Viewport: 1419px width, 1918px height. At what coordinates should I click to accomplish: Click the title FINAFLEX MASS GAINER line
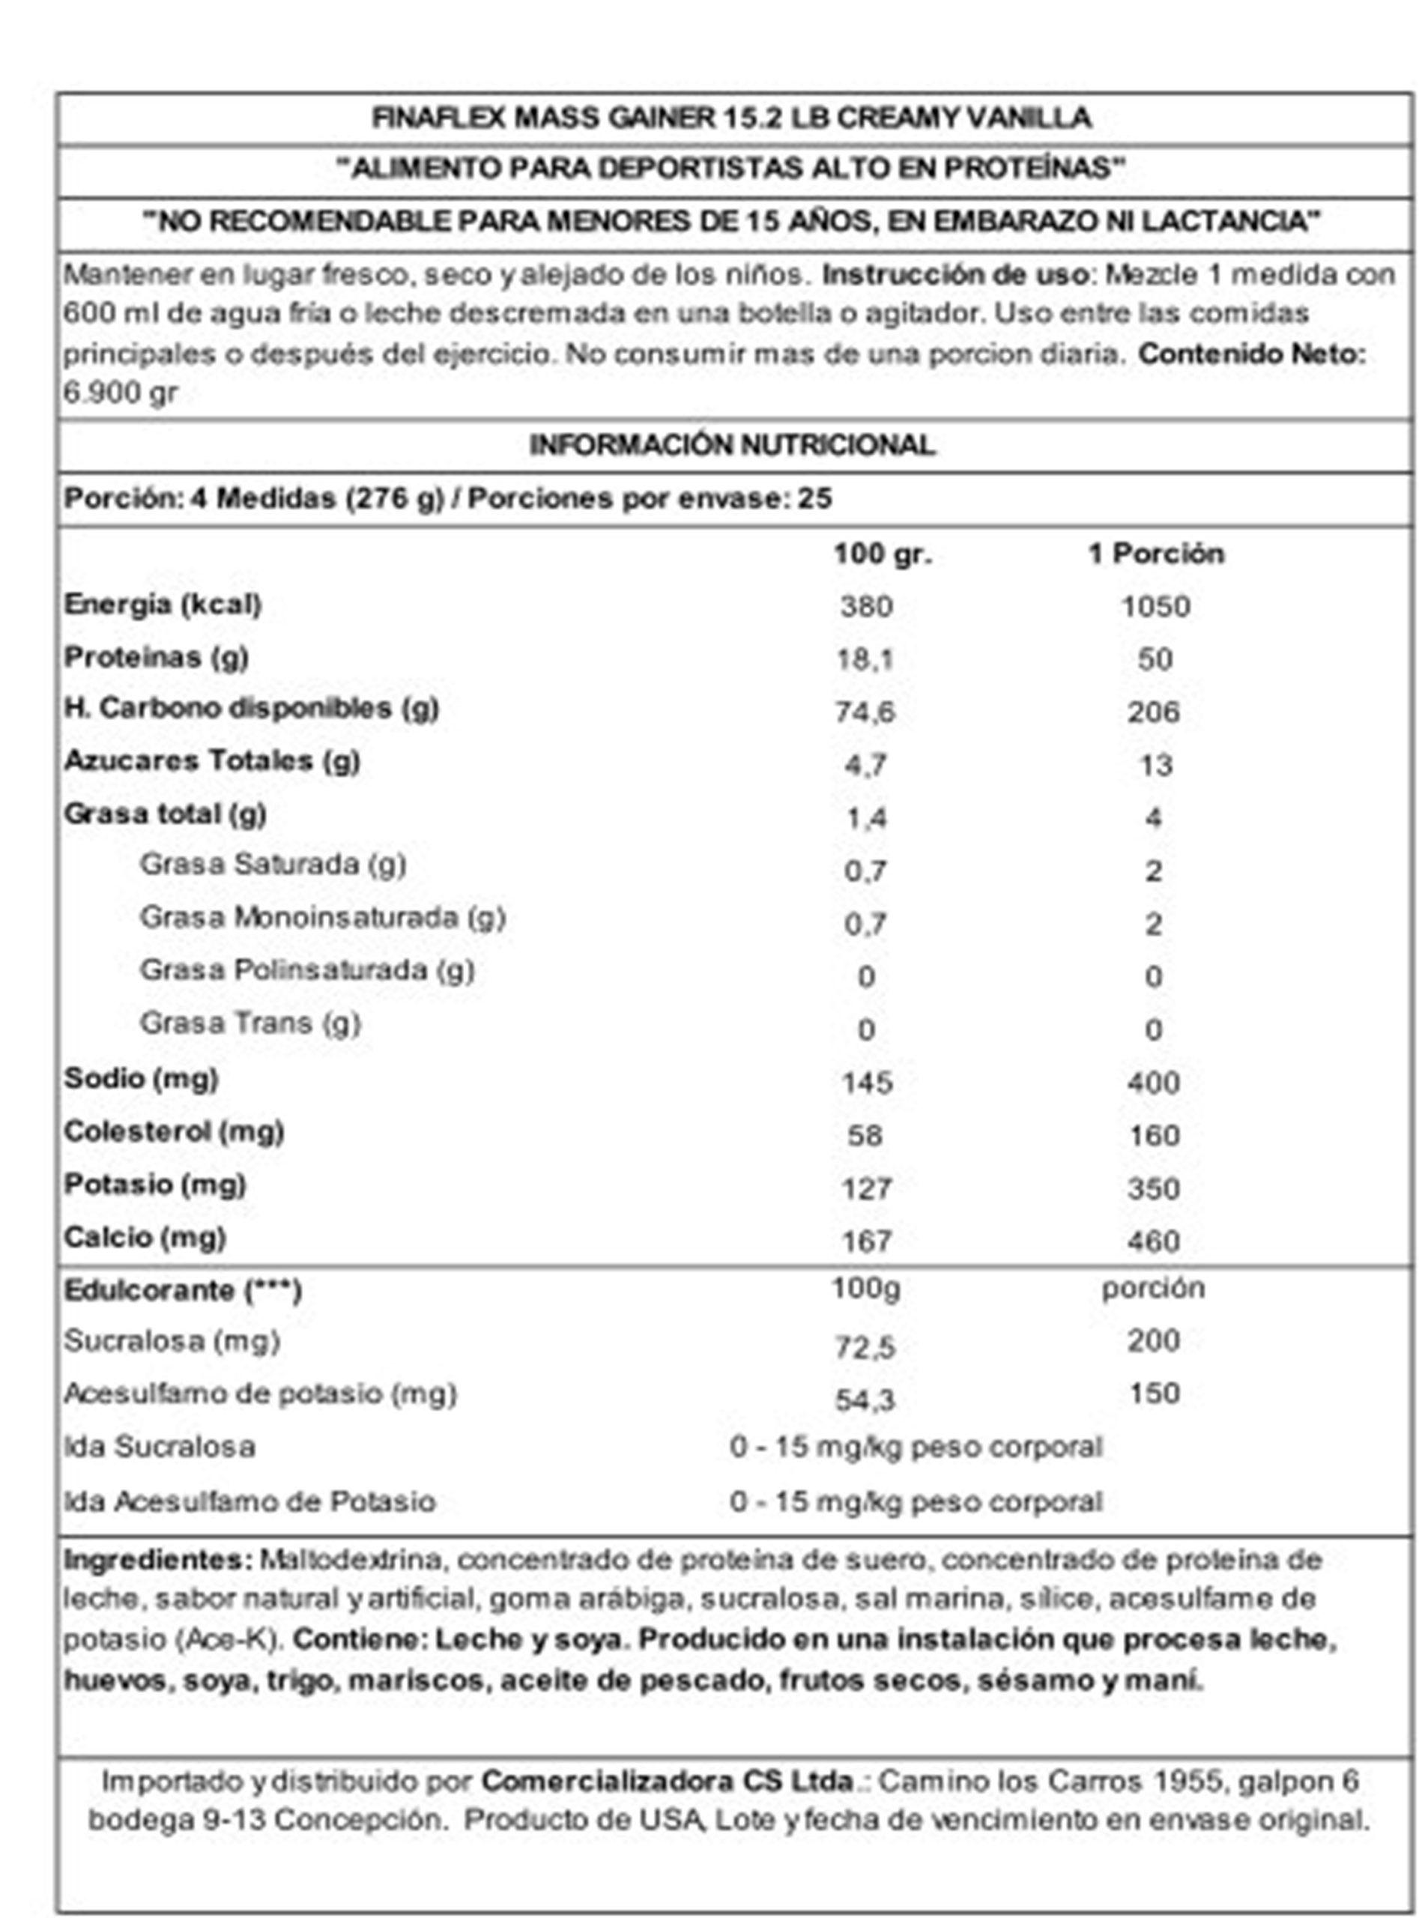pyautogui.click(x=731, y=118)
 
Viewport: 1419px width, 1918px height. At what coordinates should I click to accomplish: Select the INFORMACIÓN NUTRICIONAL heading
pyautogui.click(x=731, y=445)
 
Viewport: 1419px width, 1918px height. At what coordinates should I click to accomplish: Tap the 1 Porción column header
pyautogui.click(x=1155, y=554)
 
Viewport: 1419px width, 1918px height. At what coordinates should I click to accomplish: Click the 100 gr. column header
pyautogui.click(x=882, y=554)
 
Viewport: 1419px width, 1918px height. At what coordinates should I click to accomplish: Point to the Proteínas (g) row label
pyautogui.click(x=157, y=657)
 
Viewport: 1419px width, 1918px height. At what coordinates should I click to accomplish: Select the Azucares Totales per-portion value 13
pyautogui.click(x=1155, y=765)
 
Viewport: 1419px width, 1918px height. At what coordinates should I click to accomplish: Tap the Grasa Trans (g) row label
pyautogui.click(x=250, y=1023)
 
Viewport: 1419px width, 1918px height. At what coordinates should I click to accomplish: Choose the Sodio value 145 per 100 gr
pyautogui.click(x=867, y=1083)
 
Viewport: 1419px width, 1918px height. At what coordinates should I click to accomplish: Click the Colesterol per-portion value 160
pyautogui.click(x=1155, y=1136)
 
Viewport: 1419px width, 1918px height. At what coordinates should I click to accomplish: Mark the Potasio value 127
pyautogui.click(x=867, y=1189)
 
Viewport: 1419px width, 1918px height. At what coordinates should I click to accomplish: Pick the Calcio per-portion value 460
pyautogui.click(x=1155, y=1241)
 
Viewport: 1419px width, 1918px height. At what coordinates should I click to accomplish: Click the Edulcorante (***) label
pyautogui.click(x=182, y=1291)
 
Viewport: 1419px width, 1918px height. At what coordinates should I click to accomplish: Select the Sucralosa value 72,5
pyautogui.click(x=865, y=1348)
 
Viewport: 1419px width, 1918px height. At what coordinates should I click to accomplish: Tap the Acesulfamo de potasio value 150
pyautogui.click(x=1155, y=1394)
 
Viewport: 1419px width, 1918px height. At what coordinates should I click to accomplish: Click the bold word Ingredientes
pyautogui.click(x=157, y=1559)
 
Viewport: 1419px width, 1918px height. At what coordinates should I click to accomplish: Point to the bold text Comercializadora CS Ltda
pyautogui.click(x=668, y=1781)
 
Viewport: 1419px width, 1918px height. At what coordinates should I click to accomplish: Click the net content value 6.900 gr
pyautogui.click(x=121, y=393)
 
